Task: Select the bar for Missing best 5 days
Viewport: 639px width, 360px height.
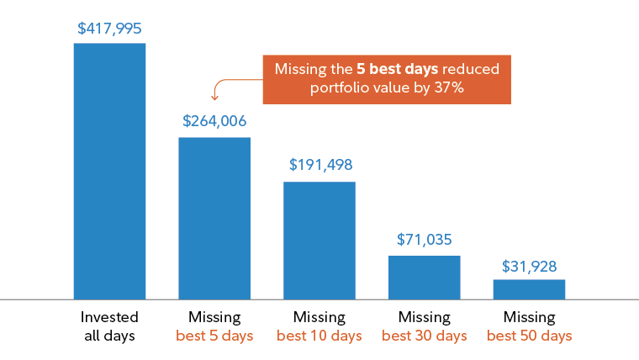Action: [214, 218]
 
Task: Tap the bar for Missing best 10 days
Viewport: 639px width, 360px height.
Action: [319, 240]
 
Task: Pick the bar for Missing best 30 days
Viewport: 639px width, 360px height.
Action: [425, 277]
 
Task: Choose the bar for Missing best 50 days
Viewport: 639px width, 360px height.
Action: [530, 289]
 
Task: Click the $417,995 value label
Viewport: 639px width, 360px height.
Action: [109, 28]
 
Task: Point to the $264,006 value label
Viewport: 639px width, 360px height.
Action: [214, 121]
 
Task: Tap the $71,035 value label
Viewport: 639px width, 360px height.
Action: [425, 239]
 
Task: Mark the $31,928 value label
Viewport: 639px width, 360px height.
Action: [530, 266]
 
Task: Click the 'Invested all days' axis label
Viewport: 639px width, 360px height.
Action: [109, 326]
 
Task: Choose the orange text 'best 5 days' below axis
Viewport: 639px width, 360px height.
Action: [214, 336]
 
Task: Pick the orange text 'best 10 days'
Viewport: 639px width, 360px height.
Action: [319, 336]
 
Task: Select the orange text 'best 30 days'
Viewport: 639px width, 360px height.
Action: [425, 336]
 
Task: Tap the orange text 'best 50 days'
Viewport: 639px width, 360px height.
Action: [530, 336]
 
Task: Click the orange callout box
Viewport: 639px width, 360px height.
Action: [387, 79]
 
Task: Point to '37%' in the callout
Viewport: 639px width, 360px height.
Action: [446, 89]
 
